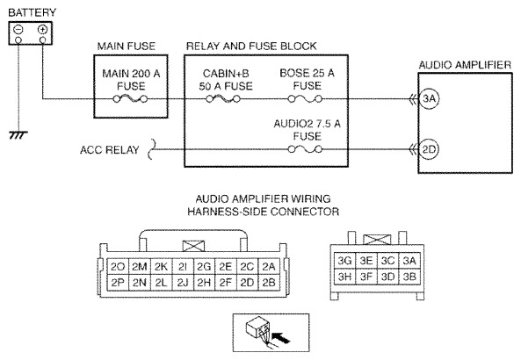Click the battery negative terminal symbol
pyautogui.click(x=18, y=30)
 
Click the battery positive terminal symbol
pyautogui.click(x=42, y=30)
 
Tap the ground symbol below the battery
pyautogui.click(x=18, y=135)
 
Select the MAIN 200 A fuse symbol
pyautogui.click(x=130, y=99)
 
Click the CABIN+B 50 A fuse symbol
pyautogui.click(x=223, y=99)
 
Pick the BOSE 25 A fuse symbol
pyautogui.click(x=305, y=99)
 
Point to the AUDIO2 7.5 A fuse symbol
pyautogui.click(x=305, y=150)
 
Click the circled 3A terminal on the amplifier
pyautogui.click(x=429, y=98)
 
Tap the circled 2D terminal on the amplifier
pyautogui.click(x=429, y=149)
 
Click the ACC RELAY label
pyautogui.click(x=109, y=150)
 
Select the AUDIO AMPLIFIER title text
pyautogui.click(x=465, y=65)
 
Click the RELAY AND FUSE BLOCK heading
pyautogui.click(x=251, y=47)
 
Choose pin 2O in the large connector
pyautogui.click(x=118, y=267)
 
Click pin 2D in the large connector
pyautogui.click(x=247, y=283)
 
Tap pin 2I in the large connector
pyautogui.click(x=183, y=267)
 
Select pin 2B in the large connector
pyautogui.click(x=269, y=283)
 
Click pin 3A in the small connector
pyautogui.click(x=409, y=261)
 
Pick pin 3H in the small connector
pyautogui.click(x=345, y=277)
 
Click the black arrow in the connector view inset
pyautogui.click(x=281, y=338)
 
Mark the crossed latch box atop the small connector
pyautogui.click(x=377, y=240)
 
